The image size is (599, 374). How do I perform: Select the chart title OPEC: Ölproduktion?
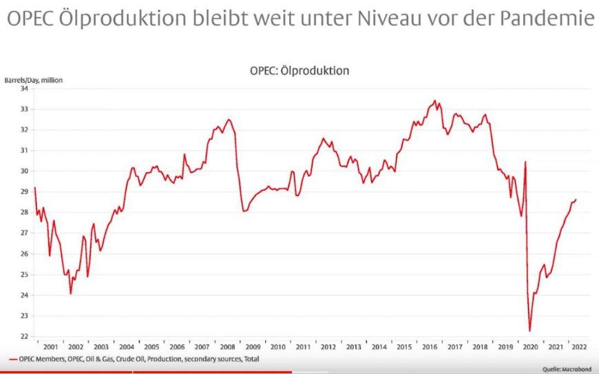(x=299, y=70)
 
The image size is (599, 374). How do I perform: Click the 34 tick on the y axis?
(x=24, y=88)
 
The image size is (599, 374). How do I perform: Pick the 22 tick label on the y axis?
(x=24, y=337)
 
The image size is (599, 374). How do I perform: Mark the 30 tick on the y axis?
(x=24, y=171)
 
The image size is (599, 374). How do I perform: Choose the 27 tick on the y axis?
(x=24, y=233)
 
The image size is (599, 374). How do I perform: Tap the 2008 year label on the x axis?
(x=227, y=346)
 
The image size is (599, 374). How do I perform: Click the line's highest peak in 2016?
(x=435, y=101)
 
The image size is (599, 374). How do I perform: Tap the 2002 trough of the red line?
(x=70, y=294)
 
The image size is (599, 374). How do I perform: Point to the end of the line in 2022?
(x=576, y=200)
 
